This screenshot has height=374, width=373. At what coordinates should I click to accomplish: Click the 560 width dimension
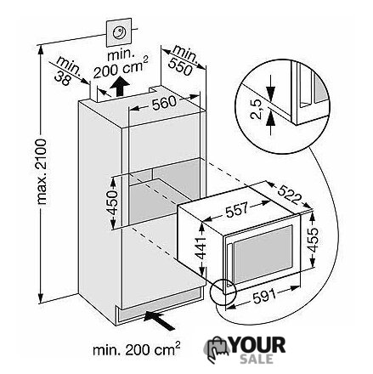point(164,104)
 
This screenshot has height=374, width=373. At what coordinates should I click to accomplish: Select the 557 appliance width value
point(236,209)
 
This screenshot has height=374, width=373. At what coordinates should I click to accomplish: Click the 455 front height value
point(313,240)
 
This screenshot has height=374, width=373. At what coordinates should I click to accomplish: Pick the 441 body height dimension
point(201,248)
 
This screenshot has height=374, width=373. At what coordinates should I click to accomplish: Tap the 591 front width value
point(264,297)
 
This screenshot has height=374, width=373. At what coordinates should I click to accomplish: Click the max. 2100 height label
point(42,172)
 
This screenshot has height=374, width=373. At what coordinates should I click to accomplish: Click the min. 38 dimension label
point(67,71)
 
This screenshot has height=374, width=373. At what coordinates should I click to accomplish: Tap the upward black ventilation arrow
point(120,86)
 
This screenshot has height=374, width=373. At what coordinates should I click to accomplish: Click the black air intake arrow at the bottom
point(160,319)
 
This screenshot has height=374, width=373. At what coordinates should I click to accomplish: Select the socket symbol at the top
point(119,32)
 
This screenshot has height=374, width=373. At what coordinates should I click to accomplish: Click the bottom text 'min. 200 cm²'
point(137,349)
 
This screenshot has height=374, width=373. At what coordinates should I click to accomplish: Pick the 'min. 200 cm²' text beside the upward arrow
point(121,64)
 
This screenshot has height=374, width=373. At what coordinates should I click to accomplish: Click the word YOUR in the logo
point(257,345)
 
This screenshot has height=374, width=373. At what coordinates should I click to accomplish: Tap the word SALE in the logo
point(257,360)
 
